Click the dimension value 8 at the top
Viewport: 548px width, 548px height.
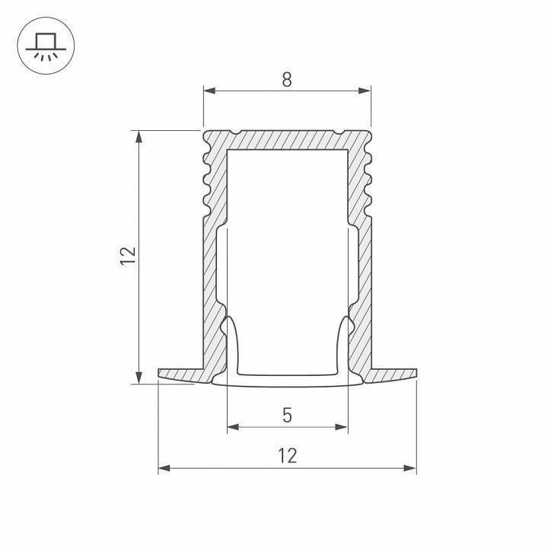(x=286, y=79)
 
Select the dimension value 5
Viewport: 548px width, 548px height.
(x=287, y=415)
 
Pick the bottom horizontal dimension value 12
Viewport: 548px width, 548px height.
(x=287, y=456)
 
